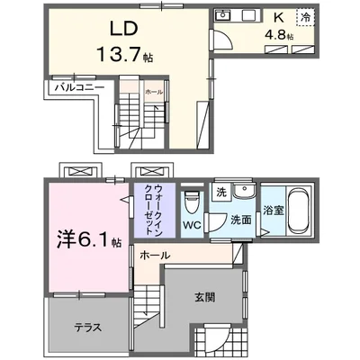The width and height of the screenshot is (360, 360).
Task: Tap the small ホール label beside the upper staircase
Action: tap(153, 92)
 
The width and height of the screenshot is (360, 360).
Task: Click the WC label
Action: tap(190, 224)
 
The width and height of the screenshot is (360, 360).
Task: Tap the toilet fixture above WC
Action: tap(190, 198)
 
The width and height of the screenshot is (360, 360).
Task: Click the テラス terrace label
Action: tap(85, 328)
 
